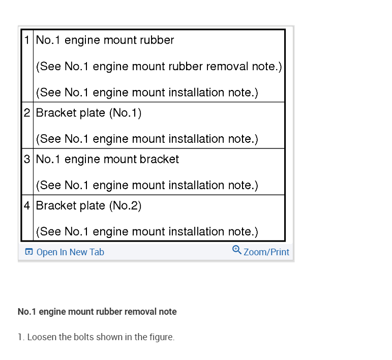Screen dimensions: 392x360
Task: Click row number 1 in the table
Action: pyautogui.click(x=27, y=40)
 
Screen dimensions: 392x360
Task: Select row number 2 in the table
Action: pyautogui.click(x=27, y=113)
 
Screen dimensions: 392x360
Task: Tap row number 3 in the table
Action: pyautogui.click(x=27, y=159)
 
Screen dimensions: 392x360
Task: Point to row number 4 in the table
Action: pyautogui.click(x=27, y=205)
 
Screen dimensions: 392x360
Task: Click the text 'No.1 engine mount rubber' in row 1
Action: pyautogui.click(x=105, y=40)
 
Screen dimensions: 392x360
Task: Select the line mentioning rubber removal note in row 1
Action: pyautogui.click(x=159, y=67)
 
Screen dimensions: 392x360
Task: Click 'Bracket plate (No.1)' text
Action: pyautogui.click(x=88, y=113)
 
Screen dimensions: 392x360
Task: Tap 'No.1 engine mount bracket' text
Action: pyautogui.click(x=107, y=159)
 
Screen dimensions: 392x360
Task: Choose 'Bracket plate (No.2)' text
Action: pyautogui.click(x=88, y=205)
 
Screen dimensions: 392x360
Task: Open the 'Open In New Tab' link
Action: pyautogui.click(x=70, y=252)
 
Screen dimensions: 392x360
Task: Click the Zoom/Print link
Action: pyautogui.click(x=266, y=252)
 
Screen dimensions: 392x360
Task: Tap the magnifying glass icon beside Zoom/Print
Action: pyautogui.click(x=237, y=250)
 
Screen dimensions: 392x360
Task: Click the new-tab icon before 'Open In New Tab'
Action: pyautogui.click(x=29, y=252)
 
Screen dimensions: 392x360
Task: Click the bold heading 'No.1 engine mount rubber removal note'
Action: pyautogui.click(x=97, y=312)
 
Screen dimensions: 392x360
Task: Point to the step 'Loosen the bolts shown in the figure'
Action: pyautogui.click(x=96, y=337)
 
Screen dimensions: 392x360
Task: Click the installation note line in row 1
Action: pyautogui.click(x=147, y=93)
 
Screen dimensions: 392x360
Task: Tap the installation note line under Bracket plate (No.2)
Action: pyautogui.click(x=147, y=232)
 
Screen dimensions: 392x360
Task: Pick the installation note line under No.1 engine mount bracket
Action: pyautogui.click(x=147, y=186)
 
